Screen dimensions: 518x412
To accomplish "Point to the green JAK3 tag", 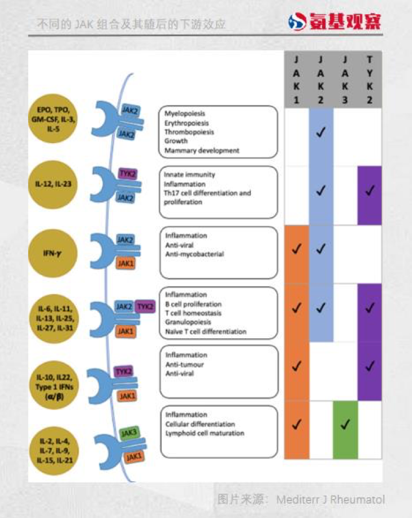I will coord(129,434).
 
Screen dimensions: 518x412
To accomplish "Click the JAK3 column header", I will coord(345,79).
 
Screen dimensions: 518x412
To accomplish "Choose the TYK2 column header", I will coord(370,79).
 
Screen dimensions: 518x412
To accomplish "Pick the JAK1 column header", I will coord(296,79).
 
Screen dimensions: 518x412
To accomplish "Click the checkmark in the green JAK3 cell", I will coord(345,425).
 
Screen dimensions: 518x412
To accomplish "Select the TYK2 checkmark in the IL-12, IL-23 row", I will coord(370,191).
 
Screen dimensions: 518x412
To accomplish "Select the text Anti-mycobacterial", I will coord(194,254).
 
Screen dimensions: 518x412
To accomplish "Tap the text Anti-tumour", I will coord(184,364).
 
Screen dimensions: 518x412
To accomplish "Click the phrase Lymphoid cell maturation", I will coord(205,433).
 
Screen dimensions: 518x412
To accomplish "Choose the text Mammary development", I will coord(202,150).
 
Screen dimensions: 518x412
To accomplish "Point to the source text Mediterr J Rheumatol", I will coord(331,500).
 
